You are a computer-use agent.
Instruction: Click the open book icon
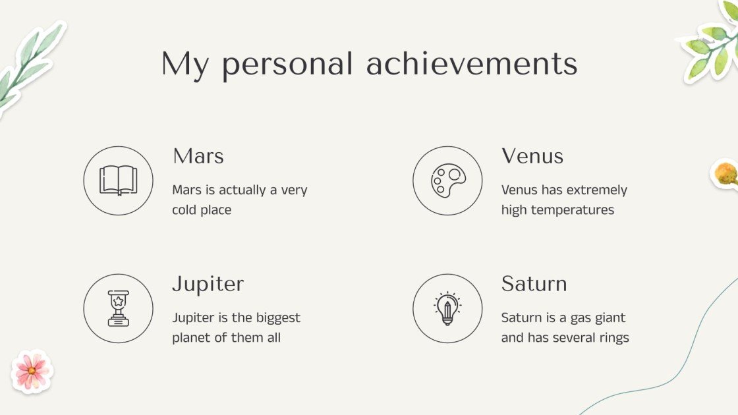click(118, 180)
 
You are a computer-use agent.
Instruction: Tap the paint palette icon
click(447, 180)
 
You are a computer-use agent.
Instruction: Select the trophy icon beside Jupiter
click(118, 308)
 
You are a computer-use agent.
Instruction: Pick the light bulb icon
click(447, 308)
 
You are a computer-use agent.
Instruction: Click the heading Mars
click(198, 156)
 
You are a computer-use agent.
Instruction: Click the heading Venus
click(532, 156)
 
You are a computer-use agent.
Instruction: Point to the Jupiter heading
click(208, 284)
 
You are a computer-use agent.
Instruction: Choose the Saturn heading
click(534, 284)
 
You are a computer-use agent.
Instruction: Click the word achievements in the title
click(472, 64)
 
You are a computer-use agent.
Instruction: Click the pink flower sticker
click(32, 372)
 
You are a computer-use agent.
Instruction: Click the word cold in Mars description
click(187, 210)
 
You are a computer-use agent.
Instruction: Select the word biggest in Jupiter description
click(277, 318)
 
